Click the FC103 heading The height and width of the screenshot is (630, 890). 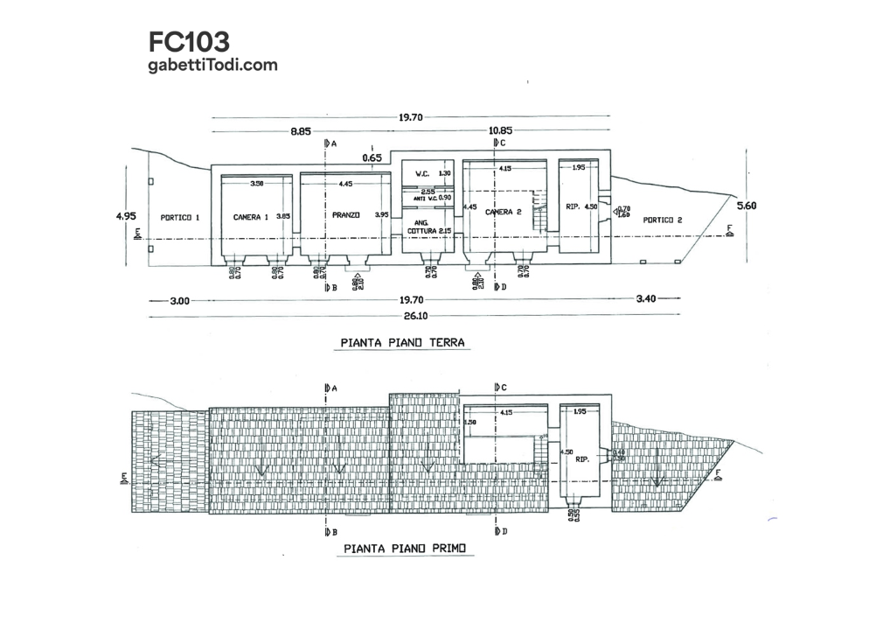point(190,41)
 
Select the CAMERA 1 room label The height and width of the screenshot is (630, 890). point(251,215)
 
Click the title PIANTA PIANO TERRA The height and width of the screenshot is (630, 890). point(403,342)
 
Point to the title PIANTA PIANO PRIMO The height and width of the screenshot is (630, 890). point(405,549)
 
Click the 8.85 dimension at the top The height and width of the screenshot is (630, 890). point(302,131)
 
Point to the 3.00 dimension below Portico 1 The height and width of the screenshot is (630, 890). point(179,300)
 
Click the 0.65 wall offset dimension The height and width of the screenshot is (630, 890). point(372,158)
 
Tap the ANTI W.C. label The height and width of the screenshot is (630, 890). point(420,198)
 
